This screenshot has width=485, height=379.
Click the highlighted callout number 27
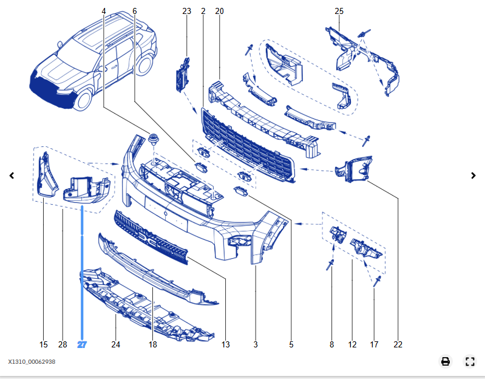click(x=82, y=344)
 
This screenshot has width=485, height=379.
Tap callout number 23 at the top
click(x=186, y=12)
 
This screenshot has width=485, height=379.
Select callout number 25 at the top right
click(x=339, y=12)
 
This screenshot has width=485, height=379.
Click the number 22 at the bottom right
click(x=398, y=344)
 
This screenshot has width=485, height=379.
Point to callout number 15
click(x=43, y=344)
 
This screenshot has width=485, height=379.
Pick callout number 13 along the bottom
click(x=225, y=344)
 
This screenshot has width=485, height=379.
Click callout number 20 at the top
click(x=219, y=12)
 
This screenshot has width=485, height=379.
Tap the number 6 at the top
click(x=134, y=12)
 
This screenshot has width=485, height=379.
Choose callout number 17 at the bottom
click(x=374, y=344)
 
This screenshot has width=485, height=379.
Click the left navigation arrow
click(x=12, y=176)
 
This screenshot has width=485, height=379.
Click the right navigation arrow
click(x=473, y=176)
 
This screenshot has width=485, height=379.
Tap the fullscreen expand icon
click(x=470, y=361)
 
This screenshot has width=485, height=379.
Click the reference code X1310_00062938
click(x=32, y=361)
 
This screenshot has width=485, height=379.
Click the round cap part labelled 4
click(x=152, y=139)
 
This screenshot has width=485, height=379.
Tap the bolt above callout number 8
click(x=331, y=265)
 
